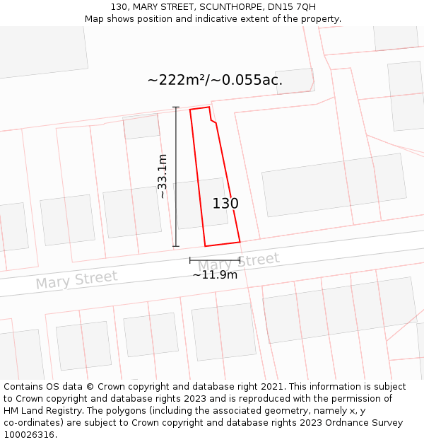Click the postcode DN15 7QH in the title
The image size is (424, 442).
(x=296, y=6)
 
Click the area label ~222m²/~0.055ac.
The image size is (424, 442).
(x=215, y=80)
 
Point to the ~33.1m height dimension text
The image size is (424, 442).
(x=163, y=176)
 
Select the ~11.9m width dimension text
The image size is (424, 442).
(x=215, y=274)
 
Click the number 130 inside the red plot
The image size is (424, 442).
(x=225, y=204)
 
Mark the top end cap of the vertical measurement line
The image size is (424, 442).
(x=176, y=107)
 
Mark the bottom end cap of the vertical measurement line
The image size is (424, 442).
(x=176, y=247)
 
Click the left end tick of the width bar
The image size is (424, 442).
(x=190, y=260)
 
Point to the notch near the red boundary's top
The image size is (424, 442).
(x=211, y=121)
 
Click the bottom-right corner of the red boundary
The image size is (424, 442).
(x=240, y=242)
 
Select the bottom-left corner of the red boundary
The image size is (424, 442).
(x=205, y=246)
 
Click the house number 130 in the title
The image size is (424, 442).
(x=119, y=6)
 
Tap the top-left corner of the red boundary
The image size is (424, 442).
(x=190, y=110)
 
